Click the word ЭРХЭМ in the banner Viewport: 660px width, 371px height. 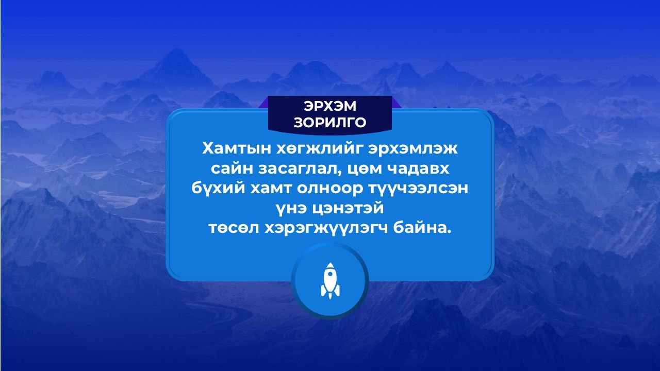coord(330,106)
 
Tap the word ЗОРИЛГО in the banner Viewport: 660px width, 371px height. coord(330,122)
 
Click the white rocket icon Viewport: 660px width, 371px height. coord(330,281)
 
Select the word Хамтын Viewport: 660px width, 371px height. coord(237,149)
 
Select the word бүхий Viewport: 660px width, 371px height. coord(218,189)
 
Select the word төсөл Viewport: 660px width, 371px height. coord(234,228)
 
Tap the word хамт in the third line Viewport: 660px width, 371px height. coord(271,189)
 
